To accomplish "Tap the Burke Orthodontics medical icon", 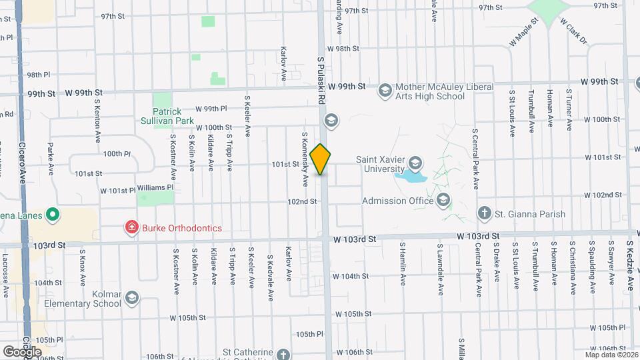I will [132, 228].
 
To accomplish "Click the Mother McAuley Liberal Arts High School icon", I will [385, 90].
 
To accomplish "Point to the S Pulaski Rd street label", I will [321, 79].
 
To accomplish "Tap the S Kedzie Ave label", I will [629, 267].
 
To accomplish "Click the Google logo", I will [22, 351].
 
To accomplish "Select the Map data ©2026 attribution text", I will [611, 355].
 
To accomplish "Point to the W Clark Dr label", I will [573, 31].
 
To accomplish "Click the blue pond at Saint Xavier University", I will [411, 177].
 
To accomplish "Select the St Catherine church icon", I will [284, 355].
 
